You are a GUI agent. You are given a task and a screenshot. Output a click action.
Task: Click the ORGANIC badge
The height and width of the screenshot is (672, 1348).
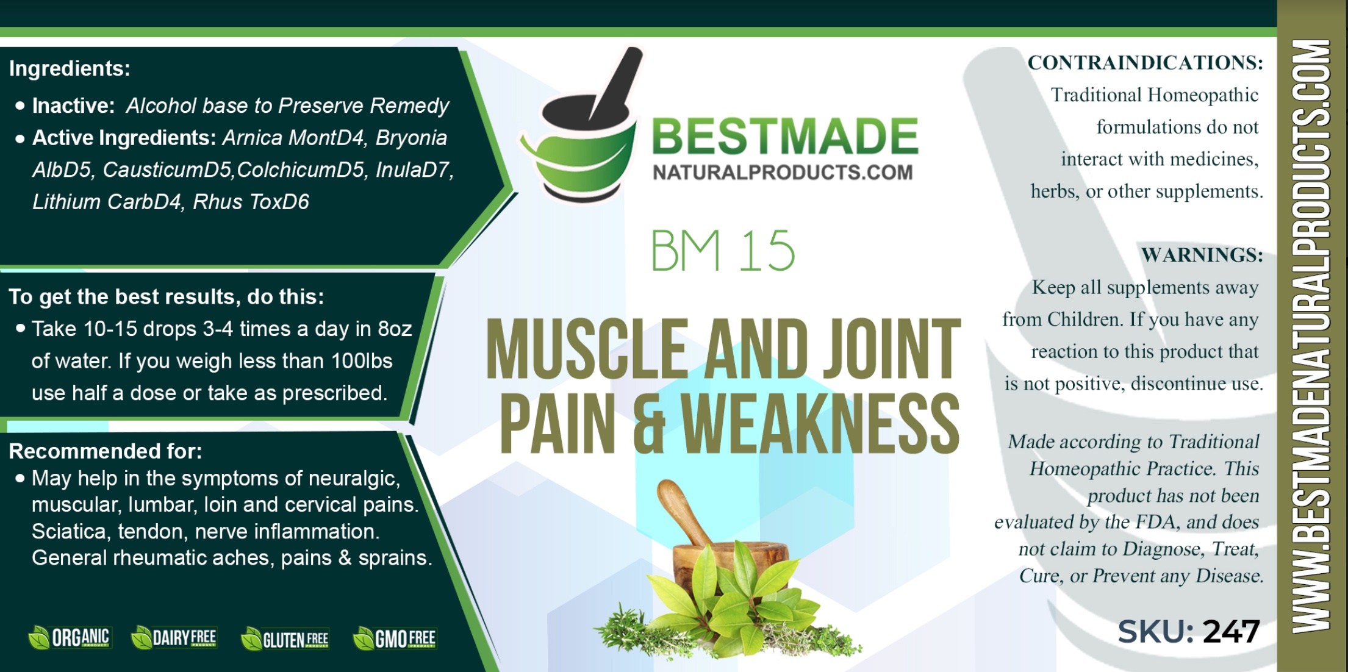tap(70, 638)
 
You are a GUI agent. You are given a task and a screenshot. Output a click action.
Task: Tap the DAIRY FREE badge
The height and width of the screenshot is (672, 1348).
tap(174, 638)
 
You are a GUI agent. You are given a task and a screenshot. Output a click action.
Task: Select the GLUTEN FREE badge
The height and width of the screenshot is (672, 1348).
tap(285, 639)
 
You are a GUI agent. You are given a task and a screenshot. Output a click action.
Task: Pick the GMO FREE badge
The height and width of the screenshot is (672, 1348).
tap(395, 638)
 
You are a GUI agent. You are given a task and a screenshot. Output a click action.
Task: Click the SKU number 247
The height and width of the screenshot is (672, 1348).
tap(1231, 632)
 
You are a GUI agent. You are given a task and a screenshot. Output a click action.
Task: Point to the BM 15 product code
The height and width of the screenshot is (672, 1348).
tap(723, 251)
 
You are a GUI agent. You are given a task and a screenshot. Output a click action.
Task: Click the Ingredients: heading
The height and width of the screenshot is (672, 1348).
tap(70, 68)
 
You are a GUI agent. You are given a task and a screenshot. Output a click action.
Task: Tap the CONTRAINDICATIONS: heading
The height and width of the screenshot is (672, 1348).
tap(1145, 62)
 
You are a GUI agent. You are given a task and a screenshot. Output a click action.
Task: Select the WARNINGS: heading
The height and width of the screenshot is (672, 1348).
tap(1202, 254)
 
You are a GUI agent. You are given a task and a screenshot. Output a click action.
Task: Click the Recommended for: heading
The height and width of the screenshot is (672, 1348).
tap(105, 451)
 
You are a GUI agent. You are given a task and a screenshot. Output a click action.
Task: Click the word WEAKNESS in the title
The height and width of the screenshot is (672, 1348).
tap(820, 424)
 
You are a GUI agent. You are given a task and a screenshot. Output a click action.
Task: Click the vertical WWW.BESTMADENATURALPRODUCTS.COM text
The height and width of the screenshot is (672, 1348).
tap(1312, 336)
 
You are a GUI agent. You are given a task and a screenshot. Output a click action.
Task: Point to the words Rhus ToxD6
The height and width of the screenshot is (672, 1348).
tap(251, 202)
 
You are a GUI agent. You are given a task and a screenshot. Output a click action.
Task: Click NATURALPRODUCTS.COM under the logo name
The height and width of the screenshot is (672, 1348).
tap(783, 173)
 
